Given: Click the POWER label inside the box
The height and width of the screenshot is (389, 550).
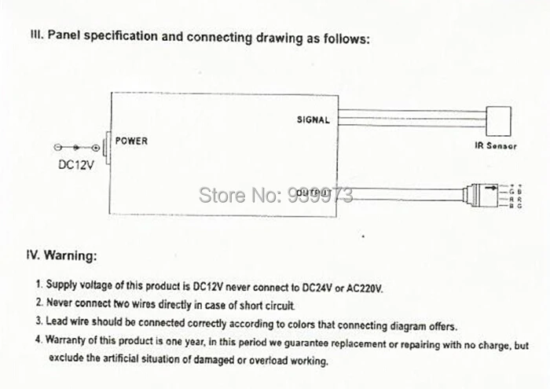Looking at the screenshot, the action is (x=131, y=141).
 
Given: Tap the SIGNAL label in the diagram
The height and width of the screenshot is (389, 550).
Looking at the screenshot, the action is (x=313, y=120).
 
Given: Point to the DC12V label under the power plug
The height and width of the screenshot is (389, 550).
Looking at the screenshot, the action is (x=77, y=166).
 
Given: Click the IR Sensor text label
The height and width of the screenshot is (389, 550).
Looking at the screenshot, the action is (x=495, y=146).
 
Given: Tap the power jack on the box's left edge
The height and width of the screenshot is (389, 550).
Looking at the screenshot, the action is (x=109, y=147).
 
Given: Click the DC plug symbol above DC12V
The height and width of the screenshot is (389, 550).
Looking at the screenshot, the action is (x=76, y=148).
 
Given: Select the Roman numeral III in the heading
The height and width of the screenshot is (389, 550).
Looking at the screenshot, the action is (x=35, y=36).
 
